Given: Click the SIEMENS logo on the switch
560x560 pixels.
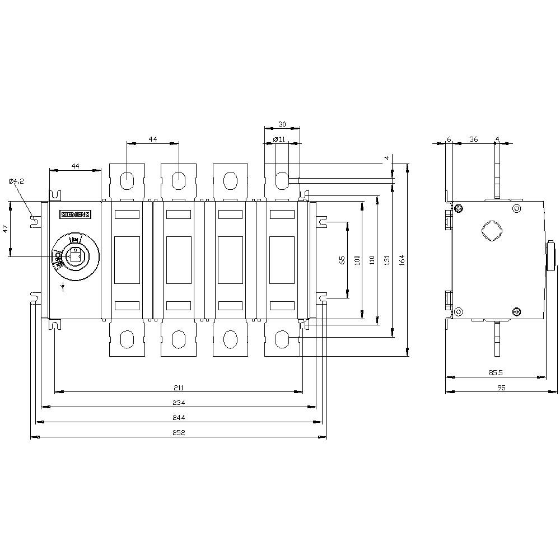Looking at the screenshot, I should point(75,214).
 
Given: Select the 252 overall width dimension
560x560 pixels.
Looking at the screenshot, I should point(178,432).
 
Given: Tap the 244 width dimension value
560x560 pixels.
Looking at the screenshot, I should point(178,417).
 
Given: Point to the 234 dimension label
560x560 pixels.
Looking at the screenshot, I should point(178,403).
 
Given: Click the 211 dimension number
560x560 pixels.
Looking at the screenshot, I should point(178,388).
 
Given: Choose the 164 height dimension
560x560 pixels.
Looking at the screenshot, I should point(401,260).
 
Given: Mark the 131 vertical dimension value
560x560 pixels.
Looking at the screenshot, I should point(386,260).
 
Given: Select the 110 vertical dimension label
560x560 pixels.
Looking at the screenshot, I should point(372,260).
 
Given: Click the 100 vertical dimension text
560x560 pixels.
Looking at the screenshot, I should point(357,260).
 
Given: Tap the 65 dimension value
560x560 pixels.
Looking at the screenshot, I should point(342,260).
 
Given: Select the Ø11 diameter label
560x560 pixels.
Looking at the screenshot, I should point(279,139).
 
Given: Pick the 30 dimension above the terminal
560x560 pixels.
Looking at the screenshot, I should point(282,124).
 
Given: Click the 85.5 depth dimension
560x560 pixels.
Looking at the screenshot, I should point(494,372).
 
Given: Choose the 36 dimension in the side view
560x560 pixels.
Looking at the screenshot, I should point(473,139).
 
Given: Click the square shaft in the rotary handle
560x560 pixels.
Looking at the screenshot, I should point(74,256).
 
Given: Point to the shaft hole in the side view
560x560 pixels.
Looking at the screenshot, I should point(491,231).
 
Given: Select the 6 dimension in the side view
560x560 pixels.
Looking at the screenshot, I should point(449,139).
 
